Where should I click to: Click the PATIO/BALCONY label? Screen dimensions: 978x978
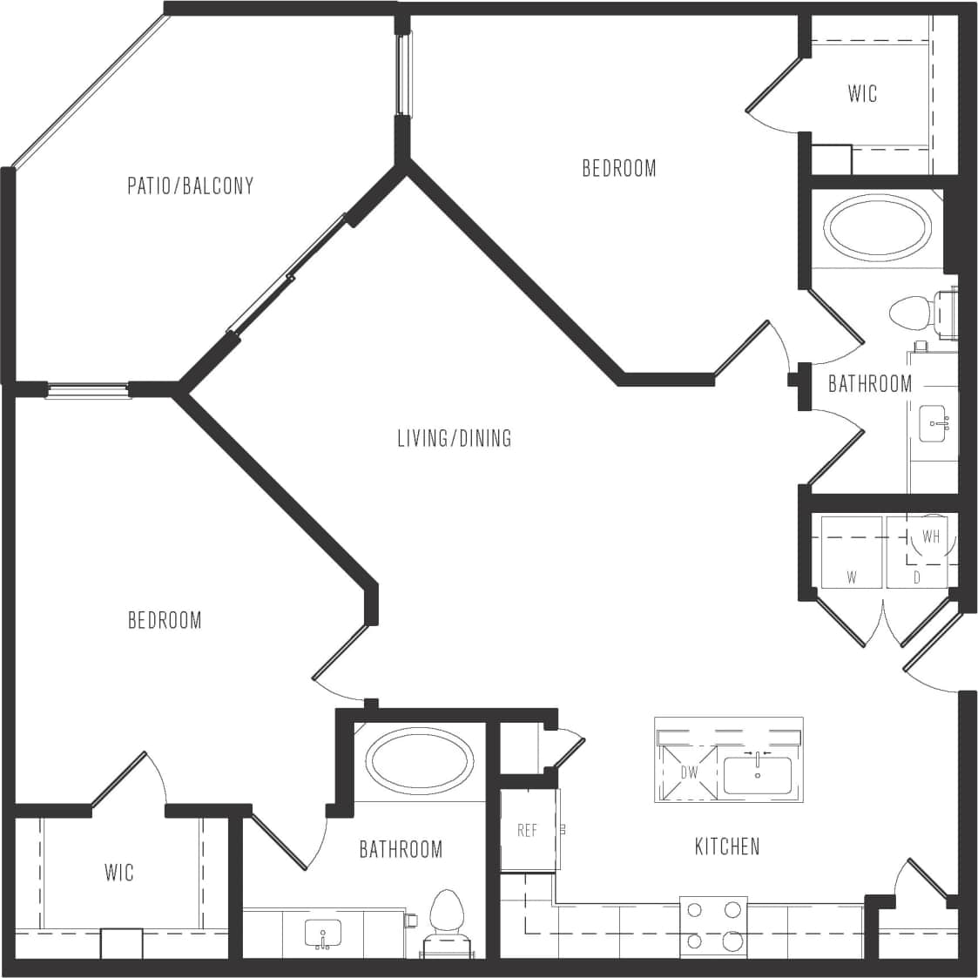[x=190, y=185]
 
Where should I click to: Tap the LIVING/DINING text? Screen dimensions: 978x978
[x=454, y=437]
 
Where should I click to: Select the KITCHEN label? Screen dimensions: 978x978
[x=727, y=846]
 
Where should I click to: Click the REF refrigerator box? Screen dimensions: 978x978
[x=529, y=830]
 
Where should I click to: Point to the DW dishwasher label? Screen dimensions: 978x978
[x=689, y=772]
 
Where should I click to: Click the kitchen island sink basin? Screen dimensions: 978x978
[x=757, y=775]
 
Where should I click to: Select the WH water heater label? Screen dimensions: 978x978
[x=931, y=536]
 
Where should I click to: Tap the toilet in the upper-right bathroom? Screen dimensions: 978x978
[x=914, y=313]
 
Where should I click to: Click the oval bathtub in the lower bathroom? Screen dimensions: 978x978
[x=421, y=760]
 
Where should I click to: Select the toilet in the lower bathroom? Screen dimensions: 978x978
[x=446, y=919]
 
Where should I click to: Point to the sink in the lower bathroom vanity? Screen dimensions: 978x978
[x=322, y=934]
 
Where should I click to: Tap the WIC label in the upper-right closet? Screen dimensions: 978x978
[x=862, y=93]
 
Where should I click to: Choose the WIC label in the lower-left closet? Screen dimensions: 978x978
[x=119, y=872]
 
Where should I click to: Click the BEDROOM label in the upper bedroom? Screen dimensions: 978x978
[x=618, y=168]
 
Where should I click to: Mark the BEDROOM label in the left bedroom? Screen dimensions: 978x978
[x=165, y=620]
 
